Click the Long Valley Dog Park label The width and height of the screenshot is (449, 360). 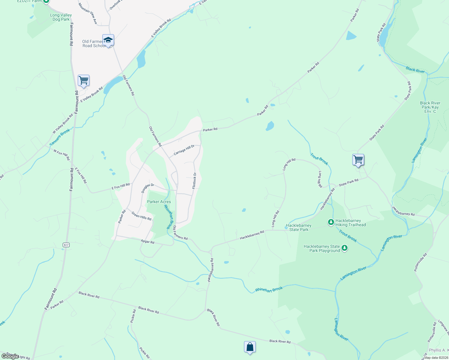[61, 17]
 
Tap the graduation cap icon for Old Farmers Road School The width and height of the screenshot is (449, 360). [108, 40]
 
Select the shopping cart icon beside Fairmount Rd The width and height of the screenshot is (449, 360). [83, 80]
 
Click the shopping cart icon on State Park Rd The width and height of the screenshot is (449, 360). [358, 160]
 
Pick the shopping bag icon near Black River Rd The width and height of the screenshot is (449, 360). [250, 347]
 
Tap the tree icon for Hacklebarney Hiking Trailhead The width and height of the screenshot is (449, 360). [331, 222]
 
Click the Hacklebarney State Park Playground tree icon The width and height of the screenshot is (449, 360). [345, 248]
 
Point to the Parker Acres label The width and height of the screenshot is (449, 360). [159, 202]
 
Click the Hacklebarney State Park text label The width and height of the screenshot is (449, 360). [299, 227]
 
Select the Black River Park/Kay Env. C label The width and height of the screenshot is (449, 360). [430, 107]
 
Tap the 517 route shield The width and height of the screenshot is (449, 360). [66, 245]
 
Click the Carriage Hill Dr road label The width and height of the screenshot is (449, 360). [184, 150]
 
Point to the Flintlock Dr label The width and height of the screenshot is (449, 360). [194, 181]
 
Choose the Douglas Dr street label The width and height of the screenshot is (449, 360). [148, 188]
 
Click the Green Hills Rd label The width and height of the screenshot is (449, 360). [141, 216]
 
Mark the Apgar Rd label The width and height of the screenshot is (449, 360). [148, 242]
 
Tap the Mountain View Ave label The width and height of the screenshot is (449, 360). [88, 13]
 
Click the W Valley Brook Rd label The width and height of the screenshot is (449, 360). [63, 124]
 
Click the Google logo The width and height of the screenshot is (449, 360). [10, 356]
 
